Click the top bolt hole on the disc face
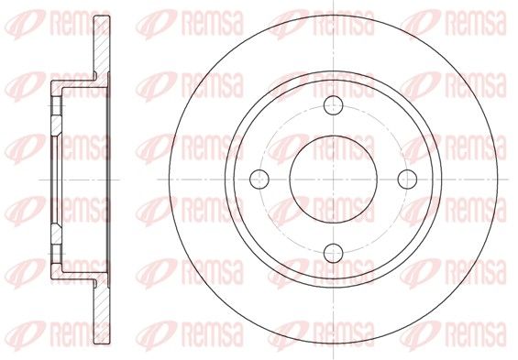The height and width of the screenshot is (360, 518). click(334, 105)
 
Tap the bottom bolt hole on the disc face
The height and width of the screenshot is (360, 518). click(334, 253)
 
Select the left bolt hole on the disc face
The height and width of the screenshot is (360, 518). click(259, 180)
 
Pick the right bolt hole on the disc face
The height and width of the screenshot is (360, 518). click(407, 180)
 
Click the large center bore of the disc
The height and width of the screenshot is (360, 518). click(334, 180)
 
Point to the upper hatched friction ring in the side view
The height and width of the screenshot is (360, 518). click(102, 46)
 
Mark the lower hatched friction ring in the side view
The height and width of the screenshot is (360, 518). click(102, 311)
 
